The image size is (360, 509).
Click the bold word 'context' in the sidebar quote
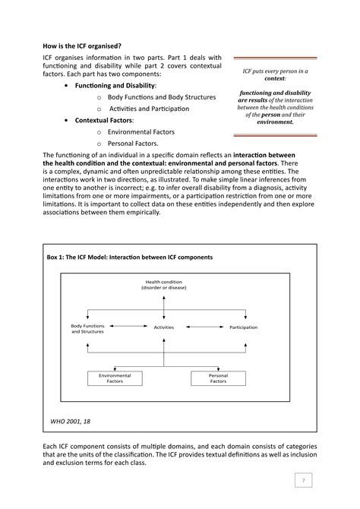point(275,78)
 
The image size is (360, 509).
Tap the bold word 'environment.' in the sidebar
point(275,122)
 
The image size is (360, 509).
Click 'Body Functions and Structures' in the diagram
point(89,329)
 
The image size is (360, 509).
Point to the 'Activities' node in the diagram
point(164,327)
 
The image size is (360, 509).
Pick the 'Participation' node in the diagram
point(243,327)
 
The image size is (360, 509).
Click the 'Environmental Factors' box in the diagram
point(110,378)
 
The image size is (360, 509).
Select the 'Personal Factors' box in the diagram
point(218,378)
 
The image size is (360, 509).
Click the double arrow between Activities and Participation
point(204,327)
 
